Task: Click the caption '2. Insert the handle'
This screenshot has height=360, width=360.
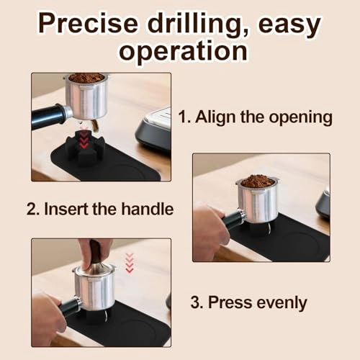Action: tap(101, 210)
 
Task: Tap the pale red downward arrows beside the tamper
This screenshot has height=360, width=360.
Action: tap(130, 263)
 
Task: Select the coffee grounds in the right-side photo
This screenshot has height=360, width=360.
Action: tap(257, 181)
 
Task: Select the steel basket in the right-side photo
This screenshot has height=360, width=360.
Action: tap(257, 204)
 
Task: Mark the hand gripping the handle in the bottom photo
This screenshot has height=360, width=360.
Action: tap(47, 317)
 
